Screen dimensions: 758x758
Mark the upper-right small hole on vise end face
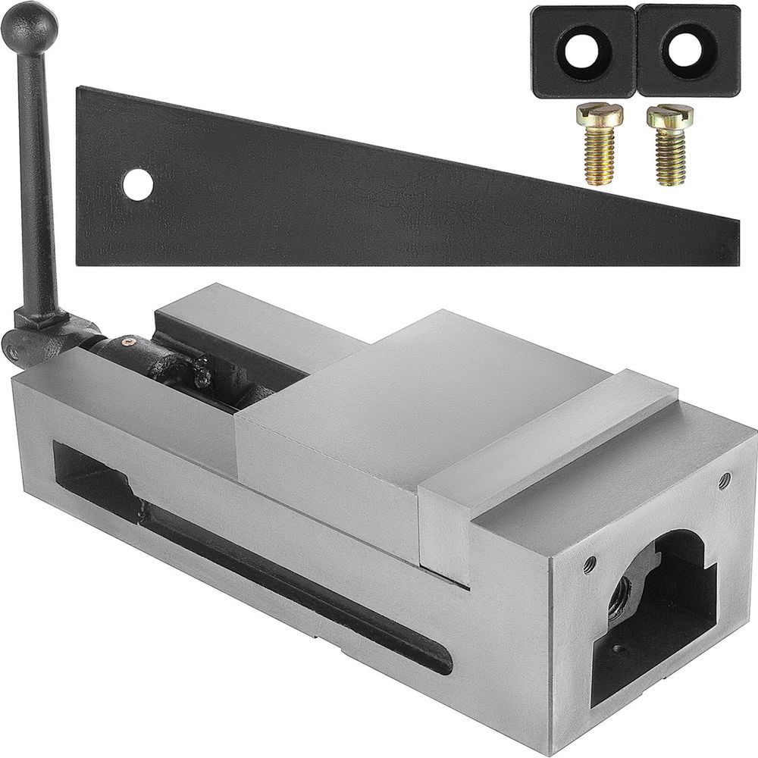[x=725, y=479]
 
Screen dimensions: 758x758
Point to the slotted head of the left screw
[x=600, y=114]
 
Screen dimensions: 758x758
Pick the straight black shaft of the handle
[x=37, y=182]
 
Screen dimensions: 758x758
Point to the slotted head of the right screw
[x=670, y=115]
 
